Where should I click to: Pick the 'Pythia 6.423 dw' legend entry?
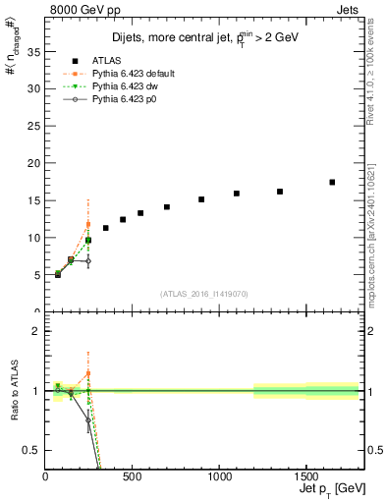[122, 86]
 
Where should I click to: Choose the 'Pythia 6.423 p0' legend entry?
[122, 100]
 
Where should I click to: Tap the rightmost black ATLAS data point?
[332, 182]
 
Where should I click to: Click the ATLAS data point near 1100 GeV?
[237, 194]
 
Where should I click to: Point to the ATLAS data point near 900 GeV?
[201, 199]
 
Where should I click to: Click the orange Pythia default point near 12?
[88, 224]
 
